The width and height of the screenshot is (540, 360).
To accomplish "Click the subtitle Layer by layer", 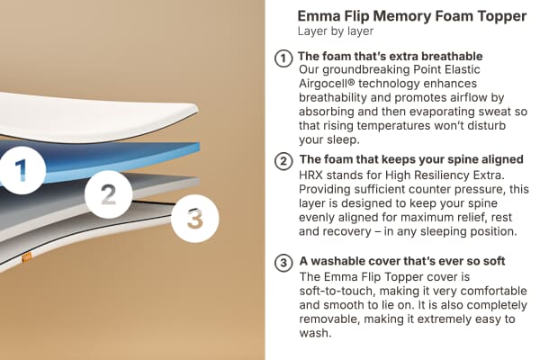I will click(x=336, y=31).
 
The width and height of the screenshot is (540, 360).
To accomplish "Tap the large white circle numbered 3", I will click(x=195, y=218).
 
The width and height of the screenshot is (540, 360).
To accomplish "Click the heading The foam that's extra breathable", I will click(x=390, y=57).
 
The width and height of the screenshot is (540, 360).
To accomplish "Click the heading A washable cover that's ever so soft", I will click(x=401, y=262).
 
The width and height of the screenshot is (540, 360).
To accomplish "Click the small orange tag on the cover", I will click(x=27, y=256).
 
